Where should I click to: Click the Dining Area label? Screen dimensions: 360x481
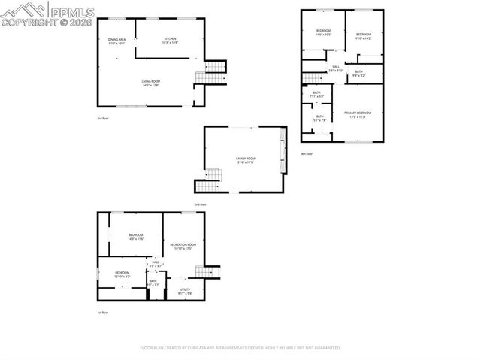pos(116,41)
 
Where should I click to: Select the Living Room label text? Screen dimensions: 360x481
pos(151,83)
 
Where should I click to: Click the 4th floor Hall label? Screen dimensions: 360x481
pos(336,68)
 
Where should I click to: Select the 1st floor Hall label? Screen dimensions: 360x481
pos(156,264)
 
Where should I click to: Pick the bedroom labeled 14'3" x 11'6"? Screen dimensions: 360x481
pos(135,237)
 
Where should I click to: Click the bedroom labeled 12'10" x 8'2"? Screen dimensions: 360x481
pos(122,274)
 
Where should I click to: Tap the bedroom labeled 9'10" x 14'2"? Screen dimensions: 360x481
pos(363,36)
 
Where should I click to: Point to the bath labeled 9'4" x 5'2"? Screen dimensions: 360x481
pos(358,74)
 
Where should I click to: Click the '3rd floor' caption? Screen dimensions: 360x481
pos(102,119)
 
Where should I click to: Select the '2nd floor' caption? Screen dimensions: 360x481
pos(200,204)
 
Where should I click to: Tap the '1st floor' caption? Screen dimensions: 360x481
pos(102,313)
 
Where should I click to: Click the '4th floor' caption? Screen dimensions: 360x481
pos(307,153)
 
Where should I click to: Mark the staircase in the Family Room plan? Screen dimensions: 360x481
pos(211,179)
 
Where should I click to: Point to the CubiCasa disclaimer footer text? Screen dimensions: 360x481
pos(240,348)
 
